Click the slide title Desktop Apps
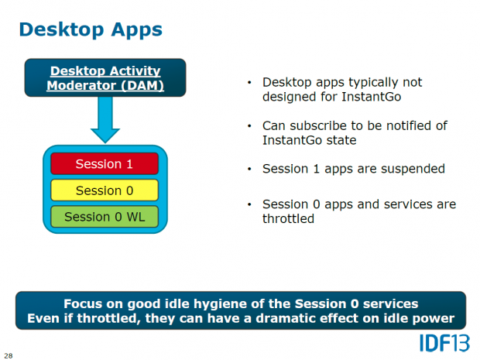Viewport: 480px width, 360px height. point(91,29)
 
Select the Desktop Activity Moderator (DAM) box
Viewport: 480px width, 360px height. point(105,78)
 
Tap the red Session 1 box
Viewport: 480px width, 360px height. point(105,164)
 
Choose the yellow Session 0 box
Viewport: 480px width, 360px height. point(105,190)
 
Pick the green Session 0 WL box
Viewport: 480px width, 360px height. point(105,217)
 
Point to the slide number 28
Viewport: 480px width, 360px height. point(9,355)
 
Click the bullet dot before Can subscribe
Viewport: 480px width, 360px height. point(249,125)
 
